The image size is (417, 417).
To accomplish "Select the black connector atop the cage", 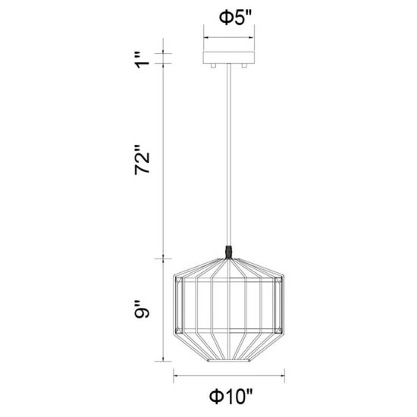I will pos(230,251).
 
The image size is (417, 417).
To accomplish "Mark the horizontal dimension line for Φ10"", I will pos(230,375).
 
